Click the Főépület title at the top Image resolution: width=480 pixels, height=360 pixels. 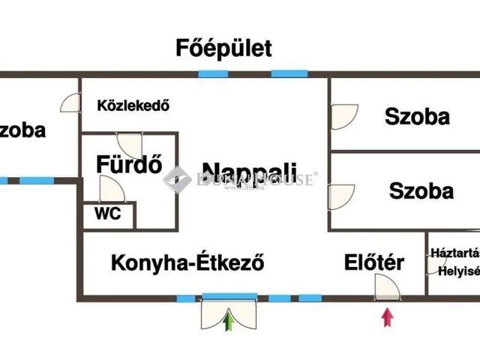pos(223,49)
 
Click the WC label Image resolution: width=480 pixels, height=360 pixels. pos(107,213)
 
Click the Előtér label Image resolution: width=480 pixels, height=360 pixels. pos(374,262)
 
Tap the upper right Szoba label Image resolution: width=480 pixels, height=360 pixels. pos(417,116)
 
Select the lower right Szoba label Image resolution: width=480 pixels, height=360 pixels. pos(421,190)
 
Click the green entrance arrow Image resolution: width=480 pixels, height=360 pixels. pos(229,320)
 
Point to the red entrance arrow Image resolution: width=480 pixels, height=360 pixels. pos(387,316)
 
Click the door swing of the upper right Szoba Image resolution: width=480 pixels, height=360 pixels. pos(343,115)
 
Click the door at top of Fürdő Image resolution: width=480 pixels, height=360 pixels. pos(129,145)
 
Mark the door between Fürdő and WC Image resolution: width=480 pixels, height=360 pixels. pos(109,190)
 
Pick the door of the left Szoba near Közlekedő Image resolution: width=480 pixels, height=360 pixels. pos(70,103)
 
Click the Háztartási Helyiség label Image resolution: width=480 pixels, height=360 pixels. pos(454,262)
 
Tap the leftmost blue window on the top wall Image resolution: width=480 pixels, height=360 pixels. pos(213,73)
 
